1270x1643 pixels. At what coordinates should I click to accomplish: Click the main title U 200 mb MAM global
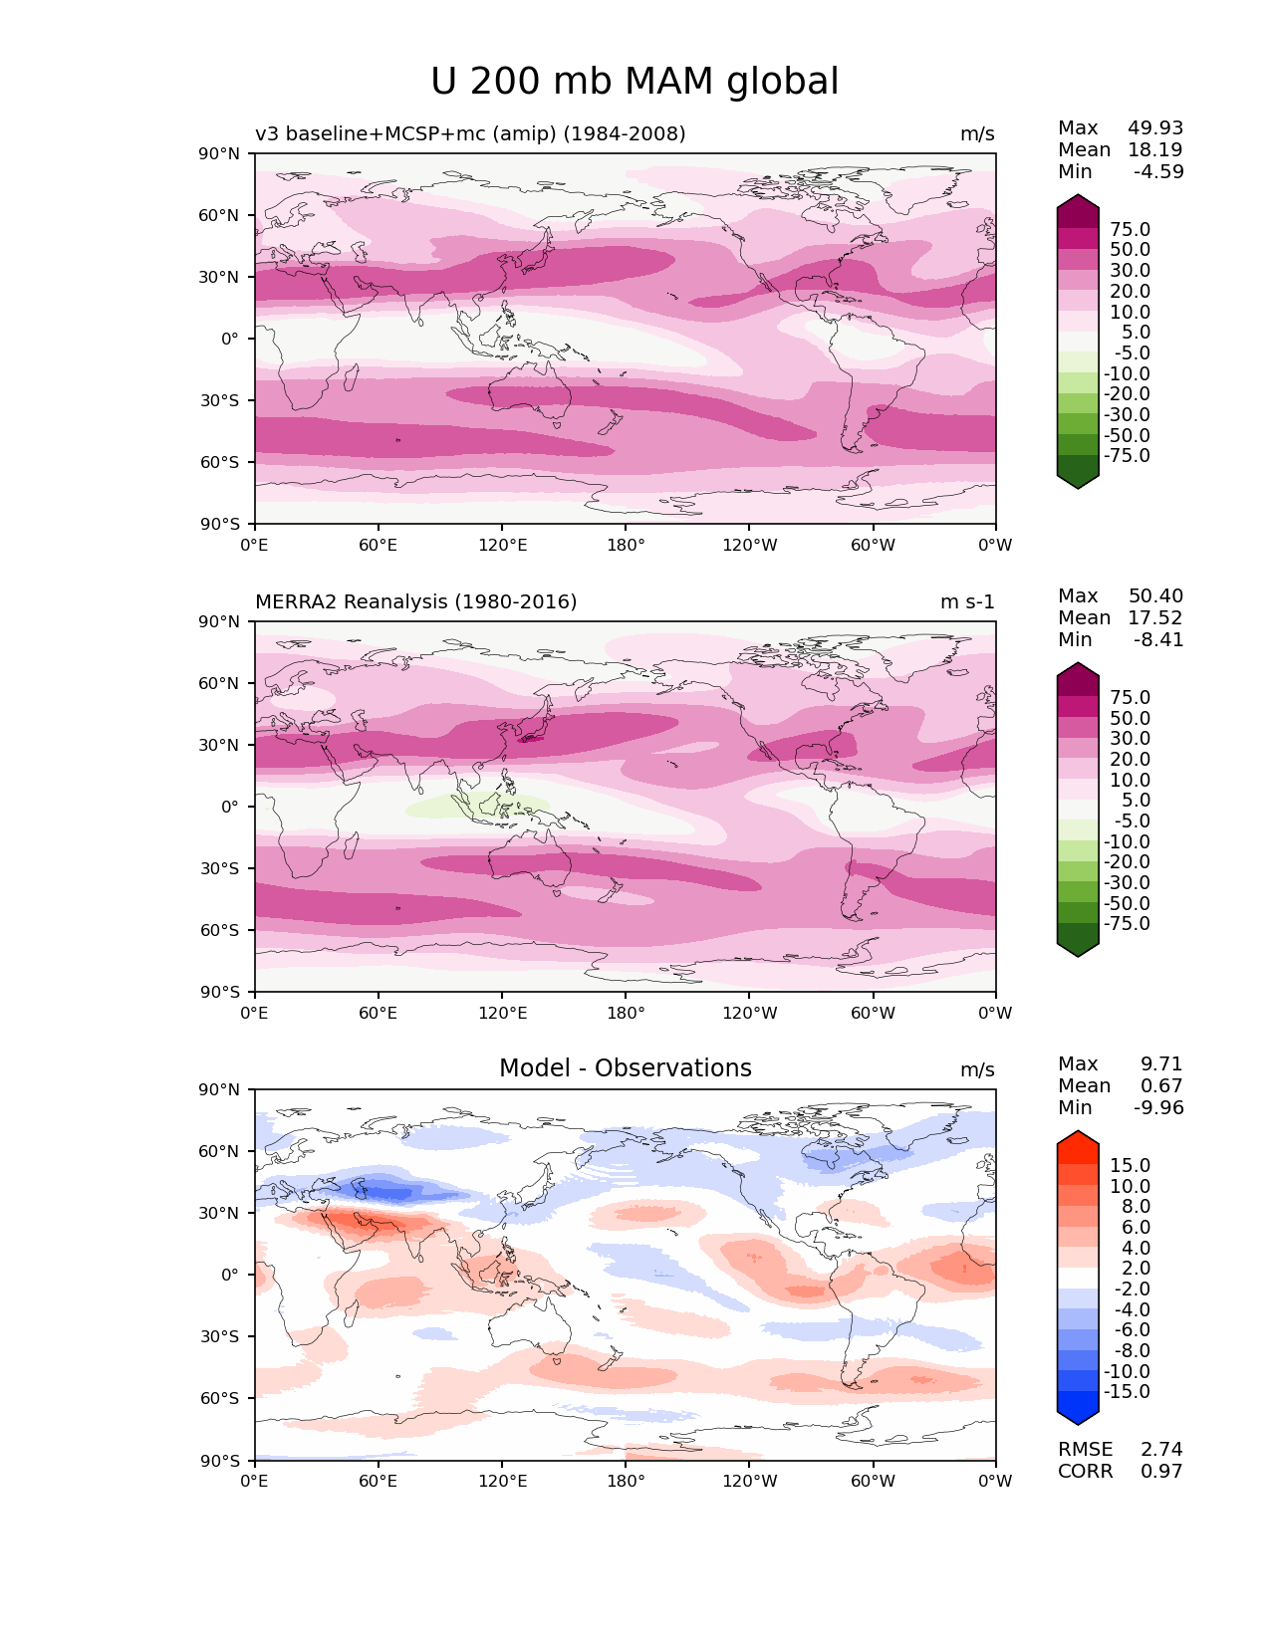[635, 82]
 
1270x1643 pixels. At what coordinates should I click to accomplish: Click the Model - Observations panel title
[625, 1068]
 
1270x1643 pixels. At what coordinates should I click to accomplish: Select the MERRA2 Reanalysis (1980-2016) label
[415, 601]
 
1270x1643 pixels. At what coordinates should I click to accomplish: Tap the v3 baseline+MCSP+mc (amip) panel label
[470, 133]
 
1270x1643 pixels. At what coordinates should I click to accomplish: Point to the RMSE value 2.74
[1161, 1449]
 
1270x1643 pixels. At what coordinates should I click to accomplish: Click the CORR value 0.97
[1161, 1471]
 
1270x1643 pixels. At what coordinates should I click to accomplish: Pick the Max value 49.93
[1155, 127]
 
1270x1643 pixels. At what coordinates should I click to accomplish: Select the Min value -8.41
[1158, 639]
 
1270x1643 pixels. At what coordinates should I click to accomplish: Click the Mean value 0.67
[1161, 1085]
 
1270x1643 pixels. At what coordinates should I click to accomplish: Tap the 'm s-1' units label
[967, 601]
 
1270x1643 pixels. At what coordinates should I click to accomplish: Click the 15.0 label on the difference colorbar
[1130, 1165]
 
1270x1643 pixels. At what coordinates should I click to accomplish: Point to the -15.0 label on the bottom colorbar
[1127, 1391]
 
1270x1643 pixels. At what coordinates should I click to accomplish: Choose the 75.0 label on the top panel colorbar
[1130, 229]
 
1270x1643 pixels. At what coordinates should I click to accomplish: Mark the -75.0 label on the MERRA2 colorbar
[1127, 923]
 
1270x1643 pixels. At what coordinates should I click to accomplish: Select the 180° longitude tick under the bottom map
[626, 1481]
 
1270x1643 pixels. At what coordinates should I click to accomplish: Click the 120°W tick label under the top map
[750, 545]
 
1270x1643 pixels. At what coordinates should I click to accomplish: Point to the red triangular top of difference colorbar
[1078, 1141]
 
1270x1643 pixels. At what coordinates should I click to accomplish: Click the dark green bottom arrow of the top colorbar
[1078, 479]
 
